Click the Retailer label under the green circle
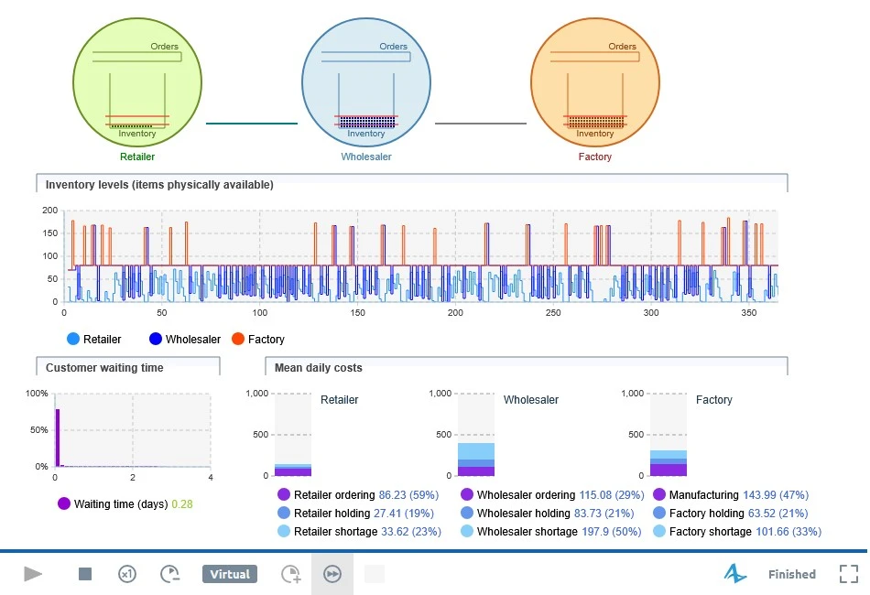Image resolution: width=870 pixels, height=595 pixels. (x=137, y=157)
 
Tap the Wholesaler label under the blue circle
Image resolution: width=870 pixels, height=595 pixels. (x=366, y=157)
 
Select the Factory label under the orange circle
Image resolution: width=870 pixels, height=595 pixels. (x=594, y=157)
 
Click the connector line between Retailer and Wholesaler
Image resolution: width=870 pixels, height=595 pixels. (x=252, y=123)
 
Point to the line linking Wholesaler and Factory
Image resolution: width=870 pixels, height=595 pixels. (x=481, y=123)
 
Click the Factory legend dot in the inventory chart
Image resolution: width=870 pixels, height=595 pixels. (x=238, y=339)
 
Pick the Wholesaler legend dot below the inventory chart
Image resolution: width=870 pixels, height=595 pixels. (x=156, y=339)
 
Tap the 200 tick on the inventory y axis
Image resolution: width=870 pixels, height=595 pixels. (x=50, y=211)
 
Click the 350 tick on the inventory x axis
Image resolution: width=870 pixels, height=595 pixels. (x=748, y=313)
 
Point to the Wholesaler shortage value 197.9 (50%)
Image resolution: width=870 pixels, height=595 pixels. (x=612, y=531)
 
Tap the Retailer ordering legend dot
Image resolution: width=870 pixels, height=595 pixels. (x=284, y=494)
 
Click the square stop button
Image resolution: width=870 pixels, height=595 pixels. (x=85, y=574)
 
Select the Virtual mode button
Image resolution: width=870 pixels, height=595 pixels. (x=230, y=574)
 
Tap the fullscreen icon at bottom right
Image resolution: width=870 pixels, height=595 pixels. (x=848, y=574)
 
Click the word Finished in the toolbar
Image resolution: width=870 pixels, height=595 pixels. (x=792, y=575)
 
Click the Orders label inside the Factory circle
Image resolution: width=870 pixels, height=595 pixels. (x=622, y=47)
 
